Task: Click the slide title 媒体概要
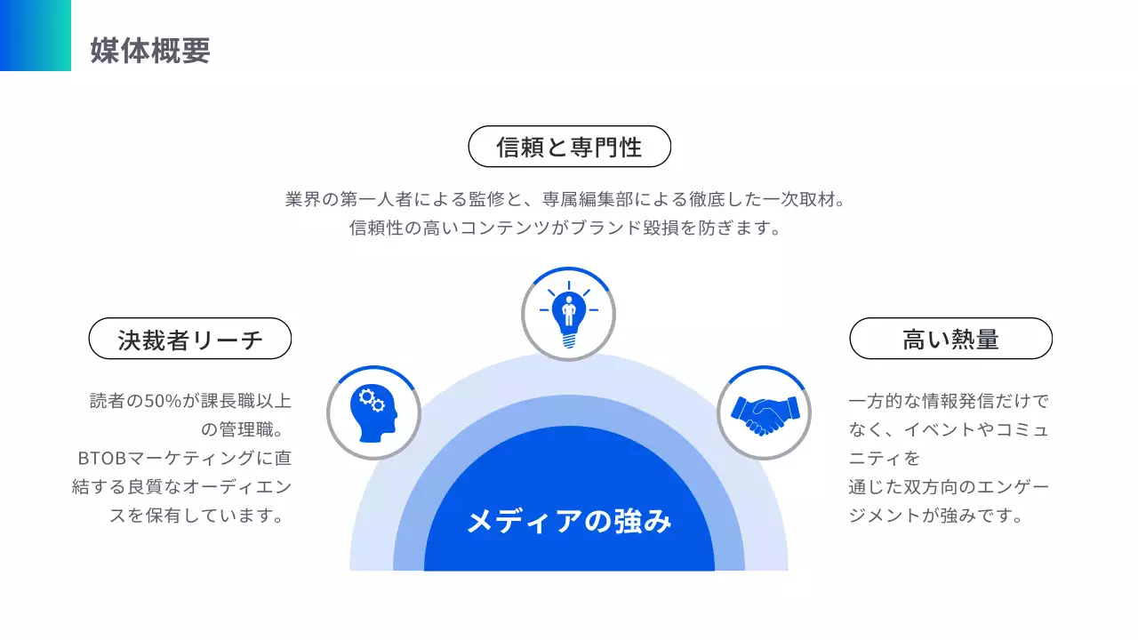coord(150,51)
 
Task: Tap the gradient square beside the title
coord(36,36)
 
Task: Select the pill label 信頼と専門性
coord(569,147)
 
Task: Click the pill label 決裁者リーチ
coord(190,339)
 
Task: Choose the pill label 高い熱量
coord(950,339)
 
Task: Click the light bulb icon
coord(568,314)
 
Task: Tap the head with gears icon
coord(373,413)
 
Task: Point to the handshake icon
coord(764,413)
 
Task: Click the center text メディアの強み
coord(569,521)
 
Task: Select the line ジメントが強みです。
coord(936,516)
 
